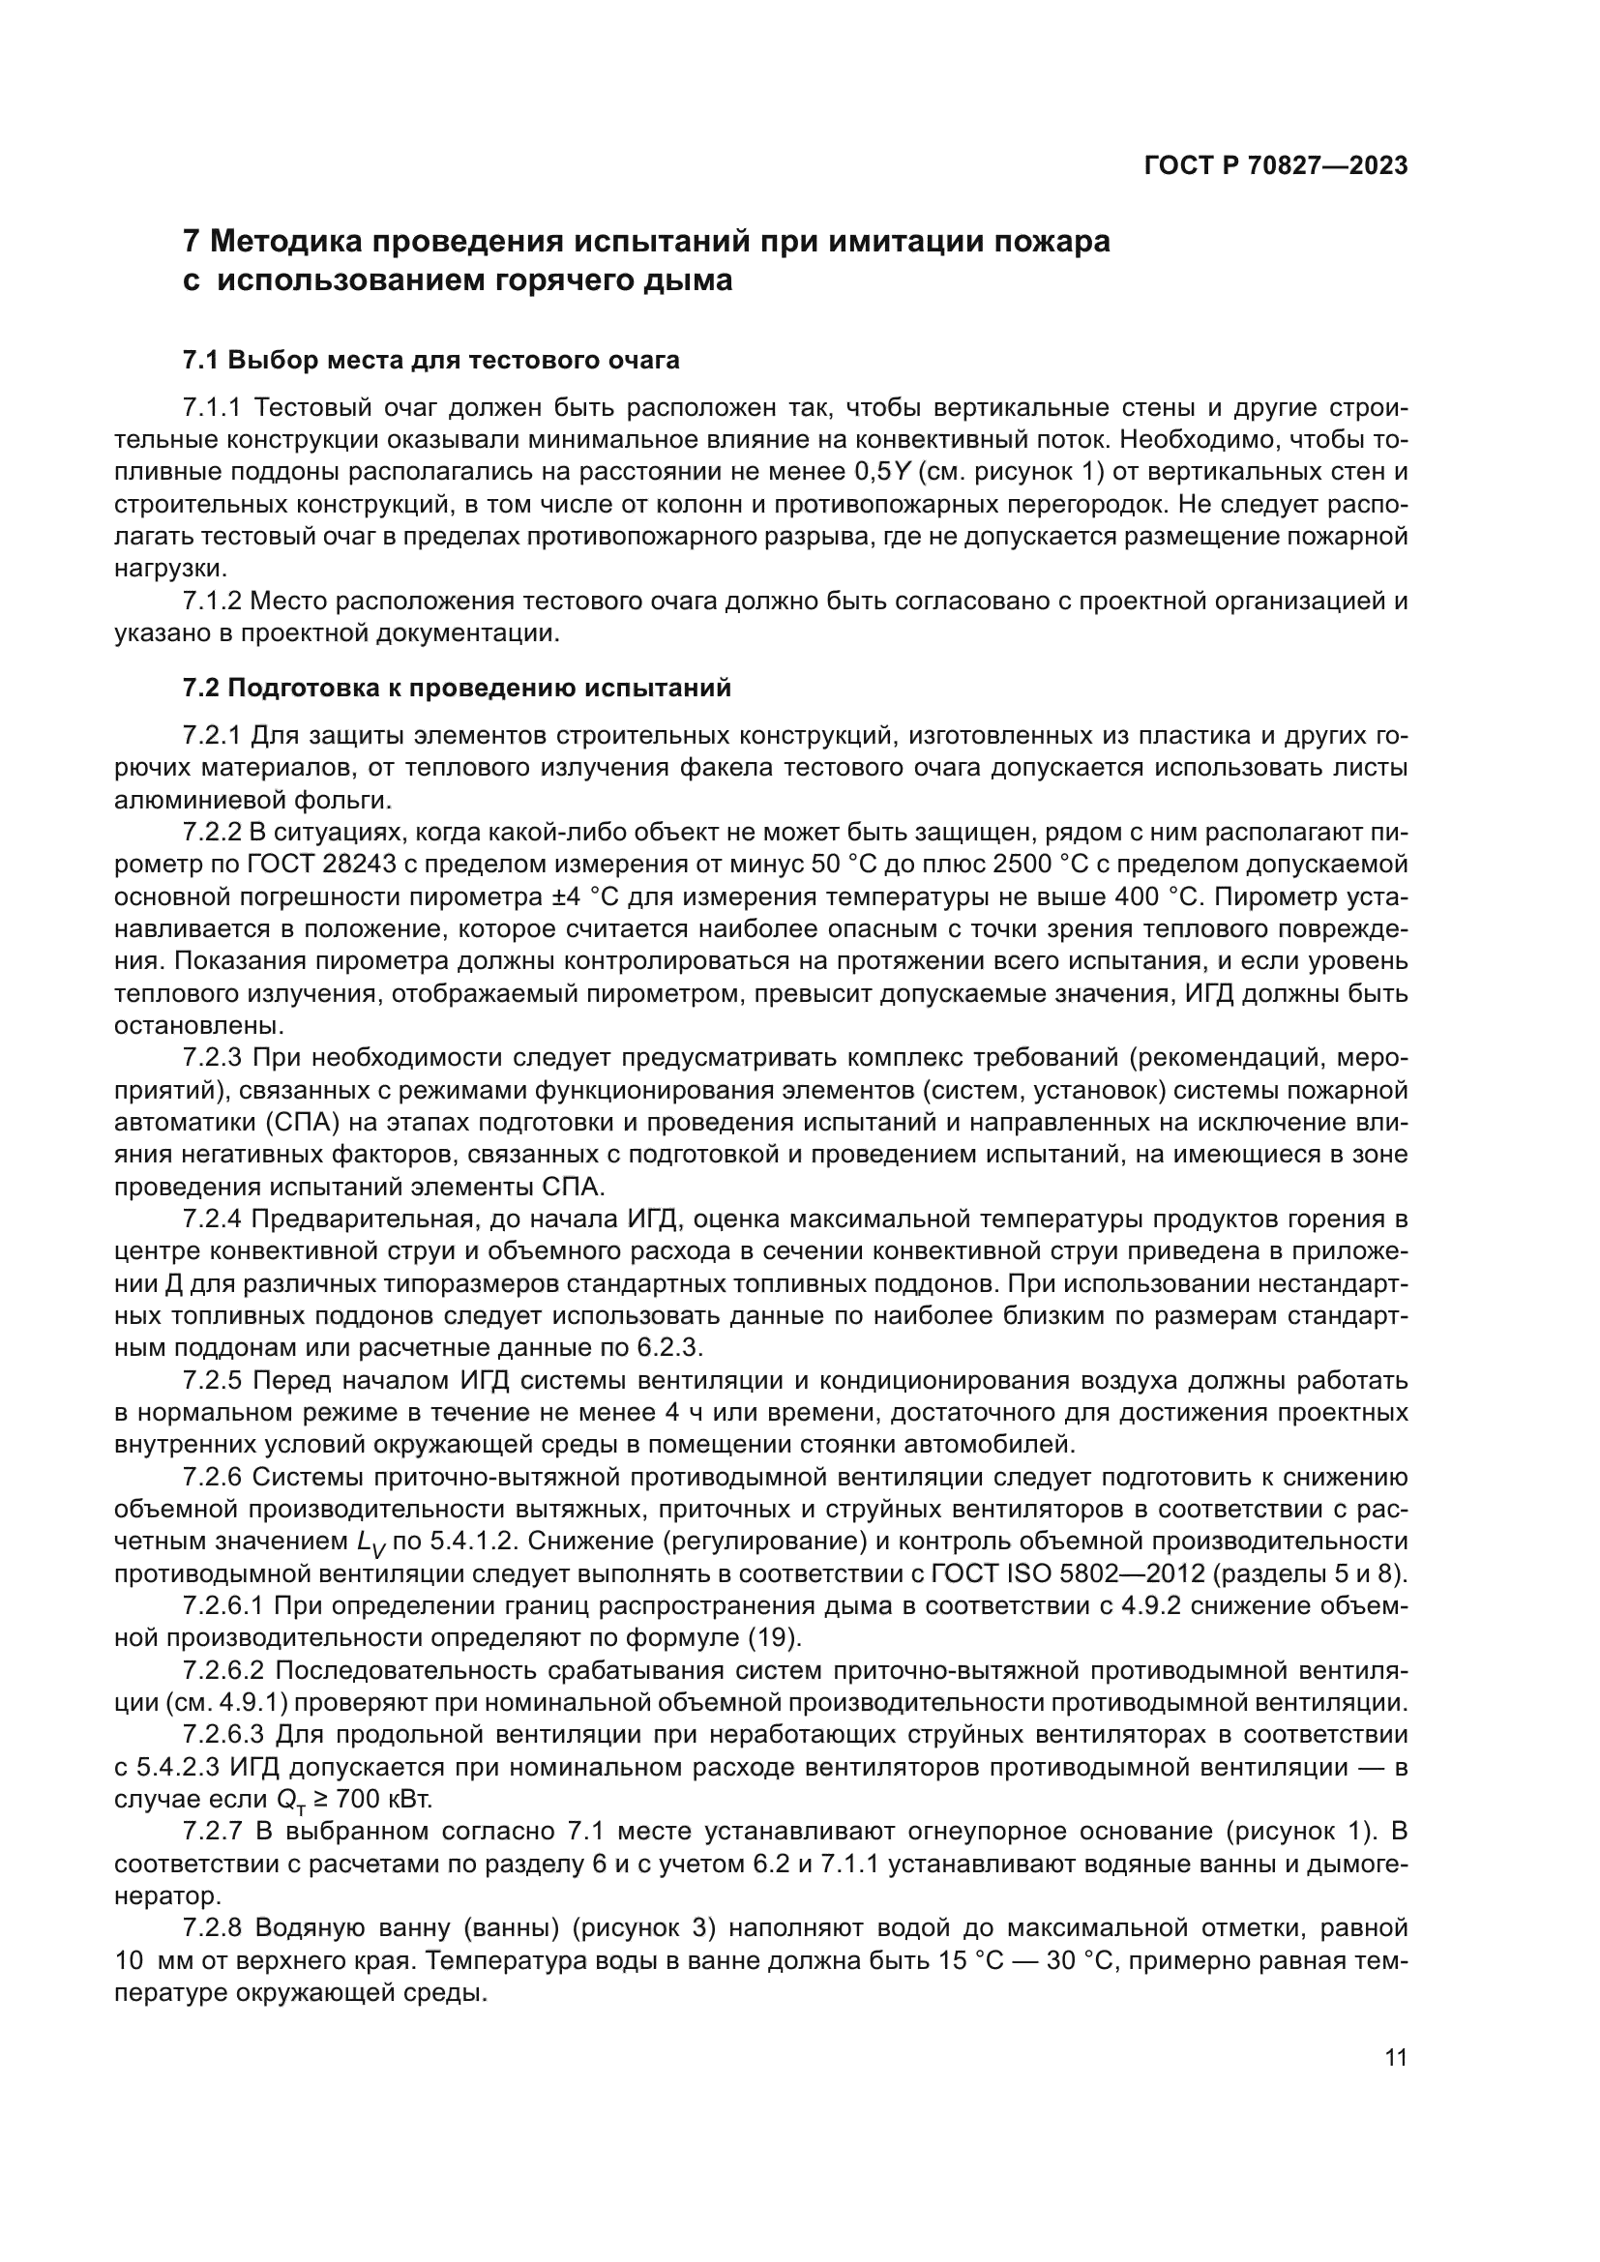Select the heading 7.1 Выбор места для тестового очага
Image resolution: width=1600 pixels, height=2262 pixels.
point(430,360)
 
